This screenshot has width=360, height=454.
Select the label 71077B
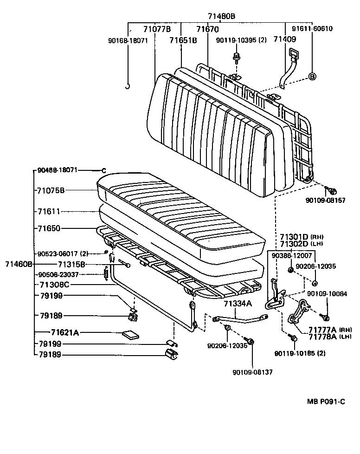157,29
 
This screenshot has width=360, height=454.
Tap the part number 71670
207,29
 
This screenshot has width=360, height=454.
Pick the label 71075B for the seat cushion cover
51,190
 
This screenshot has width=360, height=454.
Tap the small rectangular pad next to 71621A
129,334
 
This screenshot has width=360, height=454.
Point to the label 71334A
238,304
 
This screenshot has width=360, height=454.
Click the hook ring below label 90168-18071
128,86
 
